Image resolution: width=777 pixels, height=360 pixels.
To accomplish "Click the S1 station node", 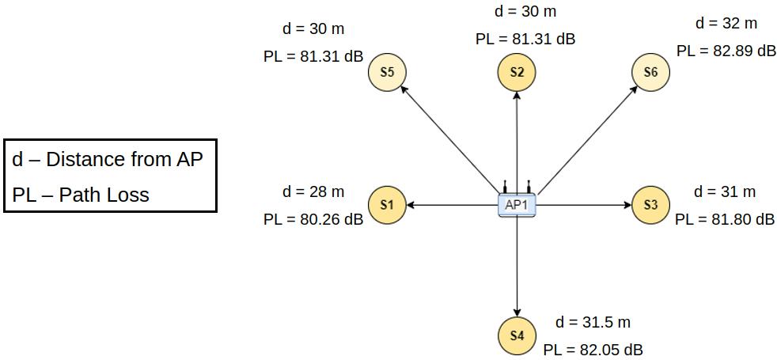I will pyautogui.click(x=387, y=205).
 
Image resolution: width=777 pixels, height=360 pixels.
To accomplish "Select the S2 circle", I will pyautogui.click(x=517, y=72).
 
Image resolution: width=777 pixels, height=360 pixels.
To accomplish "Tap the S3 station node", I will pyautogui.click(x=650, y=205).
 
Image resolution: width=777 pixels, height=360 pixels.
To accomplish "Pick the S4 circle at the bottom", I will pyautogui.click(x=517, y=335).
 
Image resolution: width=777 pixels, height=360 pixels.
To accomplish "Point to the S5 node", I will pyautogui.click(x=387, y=72).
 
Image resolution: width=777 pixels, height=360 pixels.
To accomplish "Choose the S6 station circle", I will pyautogui.click(x=650, y=72).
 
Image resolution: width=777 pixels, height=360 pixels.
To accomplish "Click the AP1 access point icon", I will pyautogui.click(x=517, y=205).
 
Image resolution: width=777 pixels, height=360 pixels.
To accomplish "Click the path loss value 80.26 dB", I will pyautogui.click(x=313, y=219).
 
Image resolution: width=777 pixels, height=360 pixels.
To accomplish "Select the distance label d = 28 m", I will pyautogui.click(x=313, y=191).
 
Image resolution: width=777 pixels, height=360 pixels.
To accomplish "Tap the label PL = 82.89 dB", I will pyautogui.click(x=726, y=51).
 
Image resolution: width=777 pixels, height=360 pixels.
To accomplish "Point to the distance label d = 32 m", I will pyautogui.click(x=726, y=23).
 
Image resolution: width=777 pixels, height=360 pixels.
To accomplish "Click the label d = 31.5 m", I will pyautogui.click(x=593, y=322).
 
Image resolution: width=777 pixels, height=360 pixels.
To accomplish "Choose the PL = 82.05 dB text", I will pyautogui.click(x=593, y=349).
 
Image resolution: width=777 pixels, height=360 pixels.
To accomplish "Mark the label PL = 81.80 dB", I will pyautogui.click(x=725, y=219).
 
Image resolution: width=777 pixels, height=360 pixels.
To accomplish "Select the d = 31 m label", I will pyautogui.click(x=725, y=191).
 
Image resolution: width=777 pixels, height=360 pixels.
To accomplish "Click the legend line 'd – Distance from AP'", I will pyautogui.click(x=108, y=160).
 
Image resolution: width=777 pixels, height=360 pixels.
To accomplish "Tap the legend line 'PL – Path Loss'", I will pyautogui.click(x=81, y=195).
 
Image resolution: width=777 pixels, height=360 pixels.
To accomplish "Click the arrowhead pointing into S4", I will pyautogui.click(x=517, y=311).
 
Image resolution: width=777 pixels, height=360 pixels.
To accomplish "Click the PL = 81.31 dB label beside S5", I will pyautogui.click(x=313, y=57).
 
